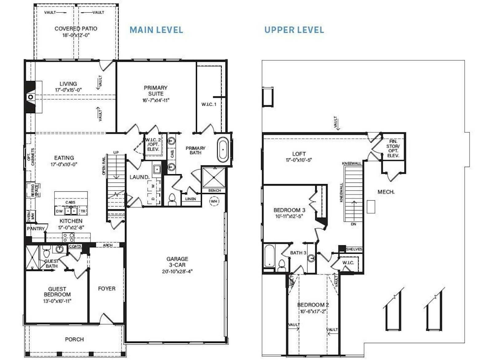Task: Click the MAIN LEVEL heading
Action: pos(156,30)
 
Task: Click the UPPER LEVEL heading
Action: pos(294,30)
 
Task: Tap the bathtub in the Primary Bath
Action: pos(223,149)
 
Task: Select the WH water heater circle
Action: pos(214,201)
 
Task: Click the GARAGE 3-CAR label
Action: pos(177,262)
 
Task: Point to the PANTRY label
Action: pos(36,229)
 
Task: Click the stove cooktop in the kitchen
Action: pos(68,237)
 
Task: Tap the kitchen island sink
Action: pos(71,211)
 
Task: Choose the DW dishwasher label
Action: pos(59,211)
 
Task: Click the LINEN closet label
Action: pos(190,199)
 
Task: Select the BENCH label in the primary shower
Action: pos(215,190)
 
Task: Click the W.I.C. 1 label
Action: pos(209,104)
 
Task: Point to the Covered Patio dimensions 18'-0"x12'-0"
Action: pos(76,35)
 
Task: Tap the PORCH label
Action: pos(74,339)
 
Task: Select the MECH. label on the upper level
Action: pos(386,192)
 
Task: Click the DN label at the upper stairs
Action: pos(353,224)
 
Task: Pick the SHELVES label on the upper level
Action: pos(354,249)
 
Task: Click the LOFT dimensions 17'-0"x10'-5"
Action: pos(299,160)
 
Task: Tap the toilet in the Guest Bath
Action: pos(46,252)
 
